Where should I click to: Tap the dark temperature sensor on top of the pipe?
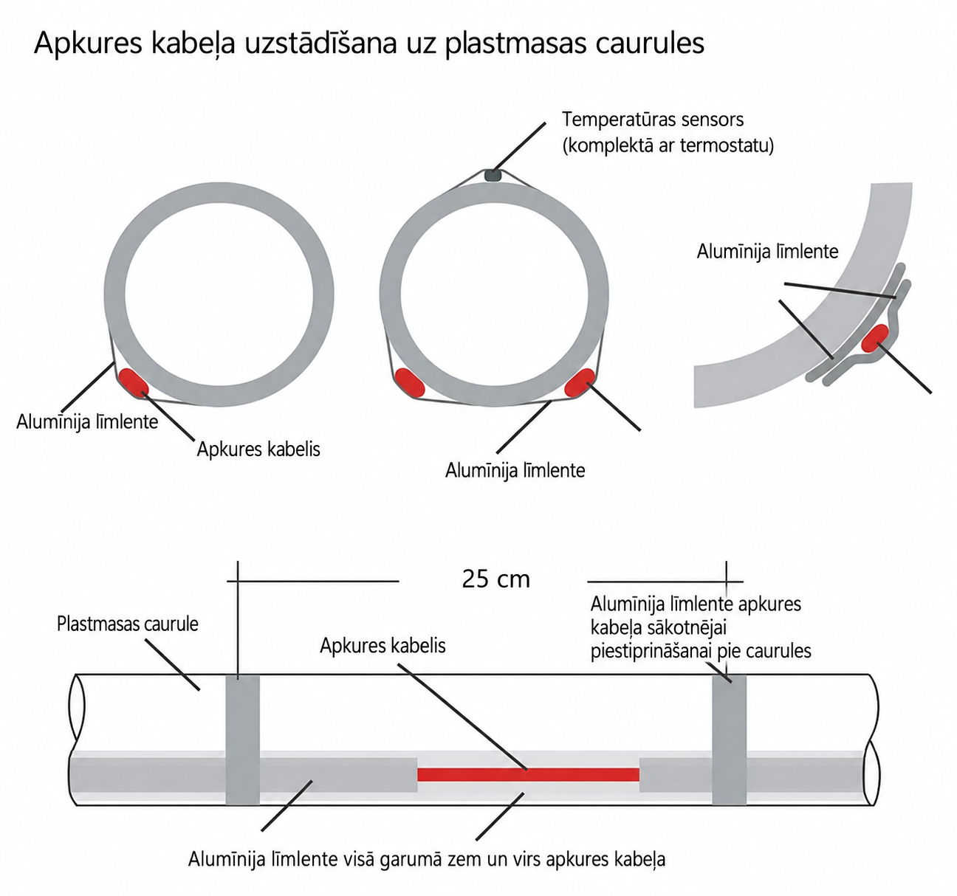[x=493, y=175]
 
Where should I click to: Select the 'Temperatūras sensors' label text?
[x=653, y=119]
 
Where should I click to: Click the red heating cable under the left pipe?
[x=134, y=382]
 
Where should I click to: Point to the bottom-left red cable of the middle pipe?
[x=409, y=383]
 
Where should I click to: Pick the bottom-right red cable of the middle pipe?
[x=579, y=383]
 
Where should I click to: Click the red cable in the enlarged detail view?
[x=874, y=338]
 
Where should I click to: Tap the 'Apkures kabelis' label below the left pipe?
[x=258, y=449]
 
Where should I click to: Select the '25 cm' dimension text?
[x=495, y=579]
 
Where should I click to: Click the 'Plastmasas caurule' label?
[x=128, y=624]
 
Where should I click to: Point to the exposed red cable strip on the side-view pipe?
[x=528, y=775]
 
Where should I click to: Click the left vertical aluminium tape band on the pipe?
[x=243, y=740]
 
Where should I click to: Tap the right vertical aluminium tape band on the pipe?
[x=729, y=740]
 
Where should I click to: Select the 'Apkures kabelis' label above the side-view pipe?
[x=383, y=646]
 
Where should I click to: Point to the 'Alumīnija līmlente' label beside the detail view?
[x=767, y=252]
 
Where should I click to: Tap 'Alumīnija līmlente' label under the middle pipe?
[x=515, y=471]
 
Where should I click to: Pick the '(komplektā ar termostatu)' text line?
[x=668, y=145]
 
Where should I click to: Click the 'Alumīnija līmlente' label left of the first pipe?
[x=87, y=422]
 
